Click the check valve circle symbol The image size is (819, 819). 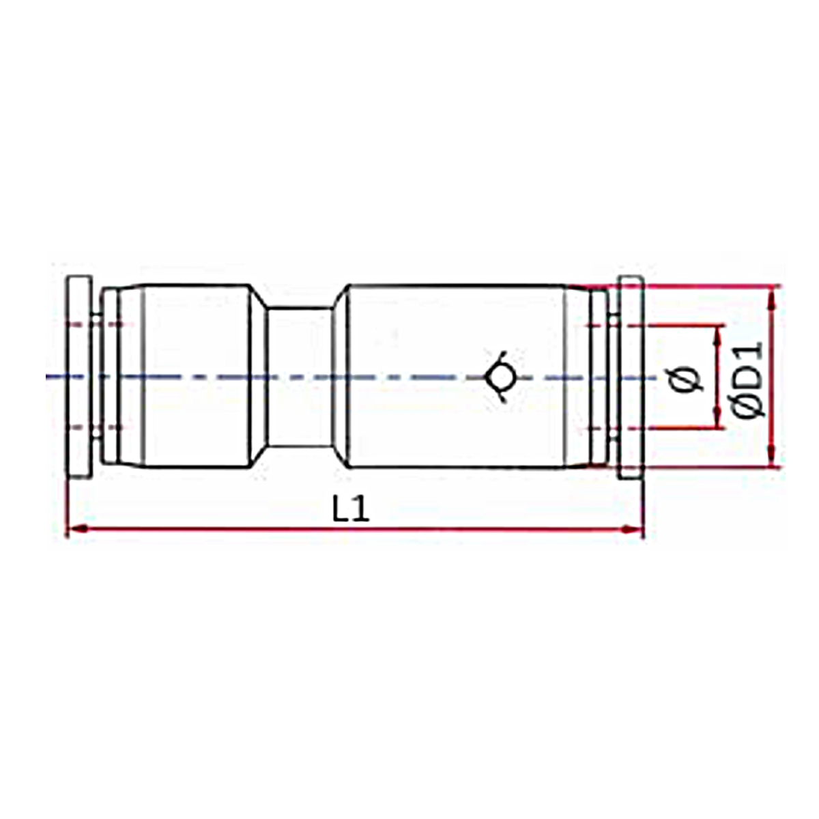(502, 377)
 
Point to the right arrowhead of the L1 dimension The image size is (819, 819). (633, 529)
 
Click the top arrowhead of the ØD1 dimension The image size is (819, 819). (772, 295)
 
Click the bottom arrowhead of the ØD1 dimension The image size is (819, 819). (772, 457)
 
